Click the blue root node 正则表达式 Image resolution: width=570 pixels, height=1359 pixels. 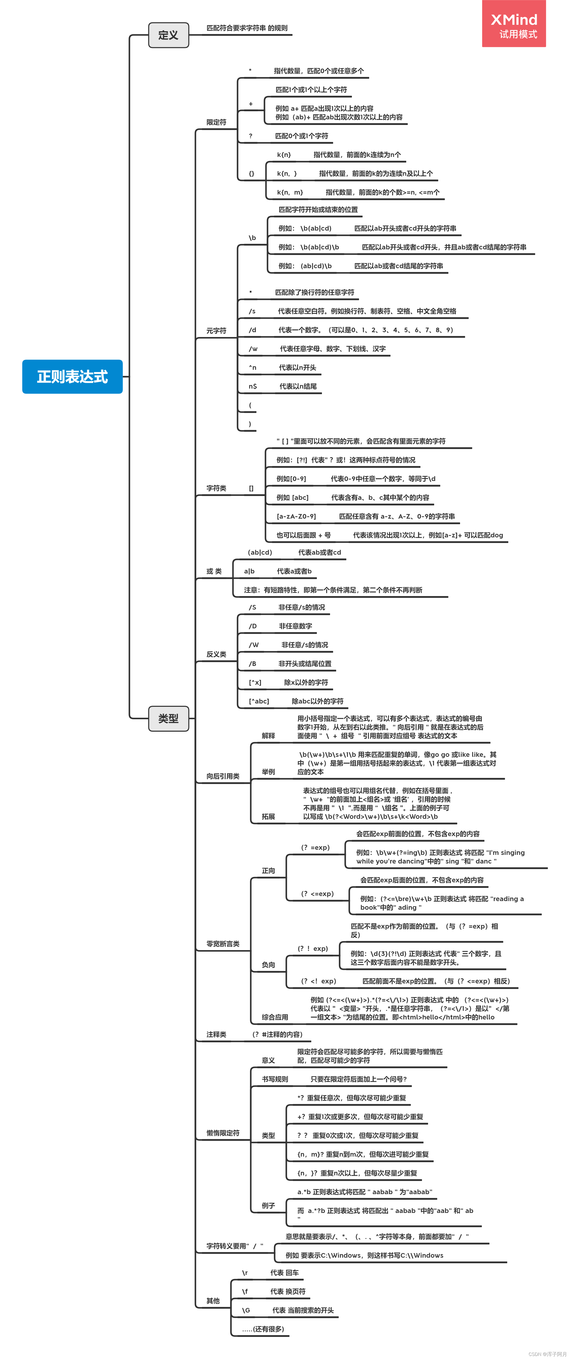coord(72,377)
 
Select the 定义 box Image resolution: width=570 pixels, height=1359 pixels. coord(168,35)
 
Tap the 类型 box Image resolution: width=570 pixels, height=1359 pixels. coord(168,718)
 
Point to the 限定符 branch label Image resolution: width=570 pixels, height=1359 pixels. coord(216,122)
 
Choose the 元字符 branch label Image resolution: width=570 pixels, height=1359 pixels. coord(216,331)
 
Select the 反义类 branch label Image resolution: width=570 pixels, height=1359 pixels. coord(216,654)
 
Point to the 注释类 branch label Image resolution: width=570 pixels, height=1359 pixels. coord(216,1034)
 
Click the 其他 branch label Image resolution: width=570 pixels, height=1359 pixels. coord(213,1301)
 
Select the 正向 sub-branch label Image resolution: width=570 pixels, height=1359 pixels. coord(268,871)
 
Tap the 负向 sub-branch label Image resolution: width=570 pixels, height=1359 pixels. coord(268,965)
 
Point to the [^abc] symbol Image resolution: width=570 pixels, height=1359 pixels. coord(259,701)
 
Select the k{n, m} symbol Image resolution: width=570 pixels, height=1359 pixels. coord(290,193)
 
